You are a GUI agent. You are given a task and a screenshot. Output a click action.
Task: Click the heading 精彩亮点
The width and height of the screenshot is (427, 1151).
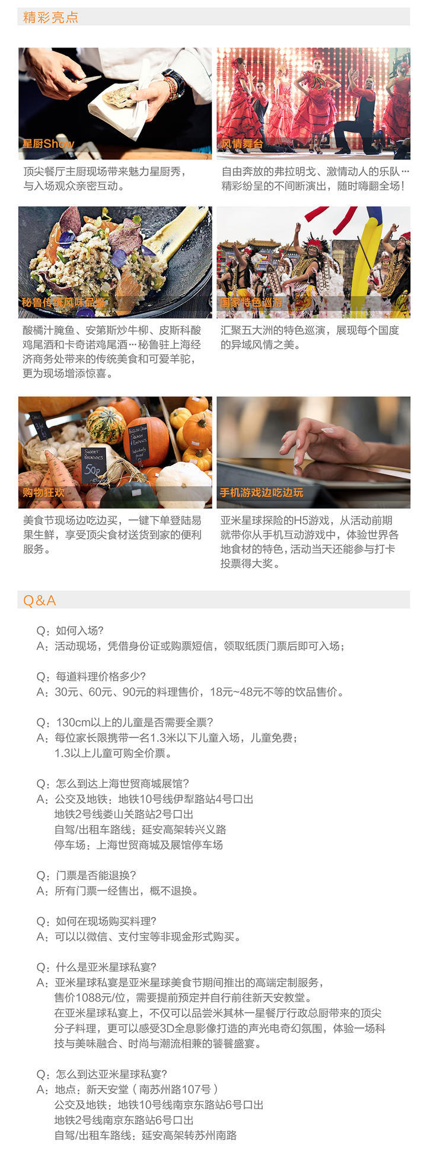click(50, 17)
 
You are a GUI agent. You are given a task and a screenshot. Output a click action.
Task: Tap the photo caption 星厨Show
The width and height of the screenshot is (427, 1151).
click(48, 144)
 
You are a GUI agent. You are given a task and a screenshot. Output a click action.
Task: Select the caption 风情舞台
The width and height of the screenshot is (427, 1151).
click(242, 144)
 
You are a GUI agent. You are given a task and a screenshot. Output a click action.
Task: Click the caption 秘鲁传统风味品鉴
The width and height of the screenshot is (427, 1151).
click(63, 303)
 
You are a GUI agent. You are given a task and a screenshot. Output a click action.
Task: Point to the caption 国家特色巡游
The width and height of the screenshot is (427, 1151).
click(251, 303)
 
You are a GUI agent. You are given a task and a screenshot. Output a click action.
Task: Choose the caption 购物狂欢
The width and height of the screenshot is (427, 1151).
click(43, 492)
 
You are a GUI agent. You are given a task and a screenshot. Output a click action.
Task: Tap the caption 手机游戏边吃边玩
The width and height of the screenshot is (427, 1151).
click(262, 492)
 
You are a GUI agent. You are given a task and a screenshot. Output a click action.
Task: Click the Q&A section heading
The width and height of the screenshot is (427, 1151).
click(39, 600)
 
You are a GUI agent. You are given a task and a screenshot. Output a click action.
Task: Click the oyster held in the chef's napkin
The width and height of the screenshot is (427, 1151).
click(121, 95)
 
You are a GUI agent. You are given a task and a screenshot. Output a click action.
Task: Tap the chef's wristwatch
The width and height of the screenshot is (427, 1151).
click(173, 85)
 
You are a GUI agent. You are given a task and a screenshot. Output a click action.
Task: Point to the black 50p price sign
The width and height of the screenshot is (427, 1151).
click(94, 465)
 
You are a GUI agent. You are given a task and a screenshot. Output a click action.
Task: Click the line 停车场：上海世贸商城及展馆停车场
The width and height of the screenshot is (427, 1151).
click(139, 845)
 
